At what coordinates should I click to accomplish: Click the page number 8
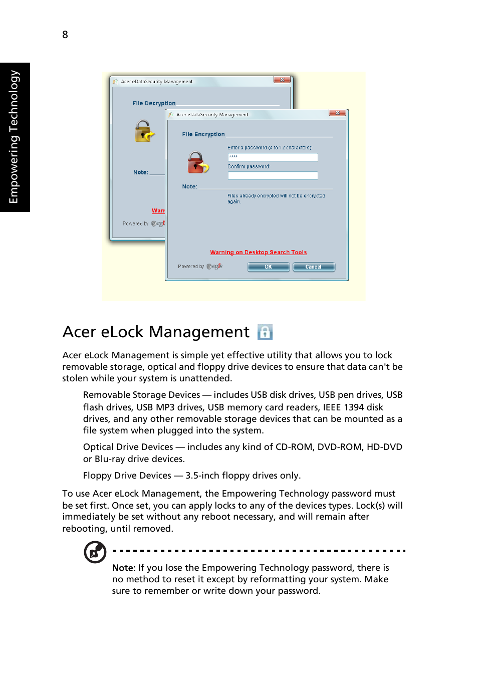[65, 35]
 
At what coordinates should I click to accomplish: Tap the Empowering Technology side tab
[15, 137]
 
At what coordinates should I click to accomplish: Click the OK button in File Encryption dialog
[268, 267]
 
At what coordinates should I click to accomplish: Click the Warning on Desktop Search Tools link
[258, 253]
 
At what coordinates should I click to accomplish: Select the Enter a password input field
[273, 157]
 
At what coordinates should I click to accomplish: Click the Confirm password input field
[273, 176]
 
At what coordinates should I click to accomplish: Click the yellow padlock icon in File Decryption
[144, 131]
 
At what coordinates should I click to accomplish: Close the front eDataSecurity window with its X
[337, 113]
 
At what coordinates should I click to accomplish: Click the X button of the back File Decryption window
[282, 80]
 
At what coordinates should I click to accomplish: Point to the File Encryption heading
[203, 134]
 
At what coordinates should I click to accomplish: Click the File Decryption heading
[154, 103]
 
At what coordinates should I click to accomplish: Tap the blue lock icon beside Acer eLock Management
[265, 332]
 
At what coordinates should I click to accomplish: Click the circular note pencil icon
[95, 552]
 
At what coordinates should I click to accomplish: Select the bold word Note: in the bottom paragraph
[124, 568]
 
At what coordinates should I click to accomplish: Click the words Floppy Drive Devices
[127, 476]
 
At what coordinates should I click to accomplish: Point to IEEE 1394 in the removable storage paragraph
[337, 407]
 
